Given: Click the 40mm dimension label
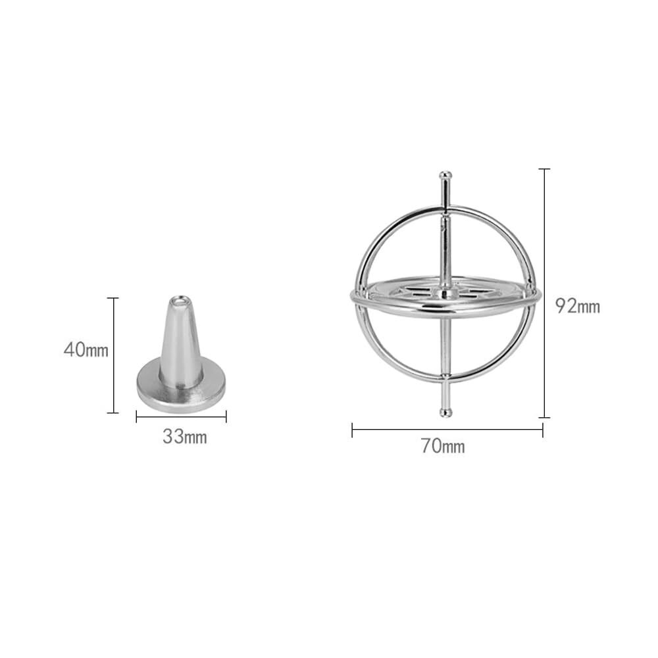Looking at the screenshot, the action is pyautogui.click(x=86, y=350).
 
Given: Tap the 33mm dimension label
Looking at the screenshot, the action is pyautogui.click(x=185, y=438).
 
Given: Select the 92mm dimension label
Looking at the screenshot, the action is pyautogui.click(x=578, y=306).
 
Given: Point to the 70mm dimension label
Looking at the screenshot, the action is pyautogui.click(x=443, y=446).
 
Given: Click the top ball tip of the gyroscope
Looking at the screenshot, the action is pyautogui.click(x=445, y=175).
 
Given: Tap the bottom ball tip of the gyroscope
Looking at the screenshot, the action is pyautogui.click(x=445, y=413).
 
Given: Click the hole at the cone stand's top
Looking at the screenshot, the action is pyautogui.click(x=180, y=301).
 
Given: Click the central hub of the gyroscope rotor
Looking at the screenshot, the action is pyautogui.click(x=445, y=293).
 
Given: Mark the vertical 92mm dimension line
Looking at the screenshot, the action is pyautogui.click(x=544, y=293).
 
